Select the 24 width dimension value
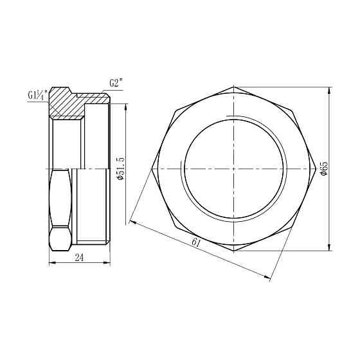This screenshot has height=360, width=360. tap(80, 258)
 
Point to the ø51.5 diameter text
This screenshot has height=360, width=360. tap(120, 168)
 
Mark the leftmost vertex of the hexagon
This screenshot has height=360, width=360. tap(152, 168)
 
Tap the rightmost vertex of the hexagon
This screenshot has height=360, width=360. tap(314, 168)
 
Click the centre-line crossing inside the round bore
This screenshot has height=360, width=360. tap(233, 168)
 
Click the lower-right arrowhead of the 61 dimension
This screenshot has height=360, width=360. tap(269, 277)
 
